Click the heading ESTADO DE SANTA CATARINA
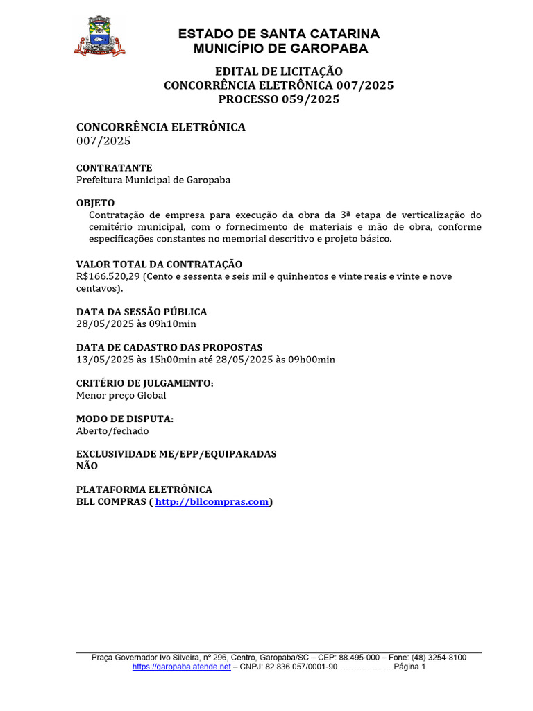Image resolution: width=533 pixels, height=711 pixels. (279, 34)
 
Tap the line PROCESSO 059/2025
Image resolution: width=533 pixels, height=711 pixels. (279, 99)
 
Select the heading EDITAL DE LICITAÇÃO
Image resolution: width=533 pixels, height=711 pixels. (279, 72)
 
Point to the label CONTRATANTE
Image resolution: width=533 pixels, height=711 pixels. (114, 168)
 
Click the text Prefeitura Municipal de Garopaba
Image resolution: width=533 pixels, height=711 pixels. (153, 180)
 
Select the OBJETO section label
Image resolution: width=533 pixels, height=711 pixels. (95, 203)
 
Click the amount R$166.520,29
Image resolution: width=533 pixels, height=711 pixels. (108, 276)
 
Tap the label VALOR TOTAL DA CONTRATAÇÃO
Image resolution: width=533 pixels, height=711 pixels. (159, 264)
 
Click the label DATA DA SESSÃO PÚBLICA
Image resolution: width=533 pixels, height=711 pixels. (142, 312)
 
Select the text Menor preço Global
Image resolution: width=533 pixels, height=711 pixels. (121, 395)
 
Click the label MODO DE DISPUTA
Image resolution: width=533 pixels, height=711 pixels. (125, 419)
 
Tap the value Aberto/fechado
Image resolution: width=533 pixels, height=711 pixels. (112, 430)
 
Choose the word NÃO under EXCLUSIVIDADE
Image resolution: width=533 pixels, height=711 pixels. (87, 466)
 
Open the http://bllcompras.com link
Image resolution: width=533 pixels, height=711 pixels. (212, 502)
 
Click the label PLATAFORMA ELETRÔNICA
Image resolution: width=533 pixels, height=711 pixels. (144, 490)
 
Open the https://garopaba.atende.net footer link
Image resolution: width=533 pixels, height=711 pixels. (181, 667)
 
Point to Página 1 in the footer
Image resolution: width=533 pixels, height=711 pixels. (409, 667)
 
